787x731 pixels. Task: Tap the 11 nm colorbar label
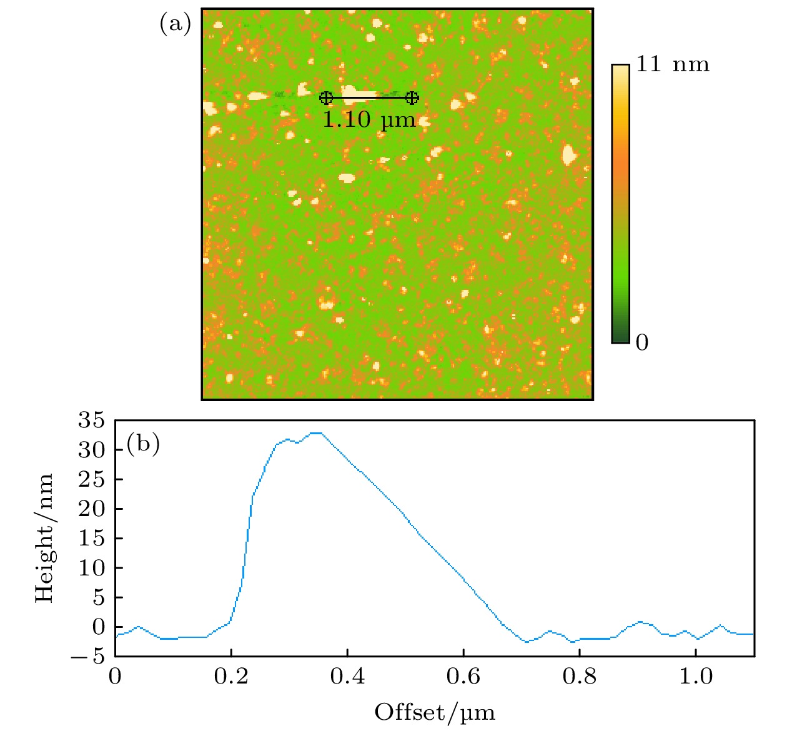pyautogui.click(x=672, y=64)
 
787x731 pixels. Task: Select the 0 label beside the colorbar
pyautogui.click(x=642, y=342)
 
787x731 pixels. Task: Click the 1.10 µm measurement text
pyautogui.click(x=369, y=119)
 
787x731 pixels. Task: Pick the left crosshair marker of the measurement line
pyautogui.click(x=326, y=97)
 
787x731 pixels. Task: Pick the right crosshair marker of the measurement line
pyautogui.click(x=412, y=97)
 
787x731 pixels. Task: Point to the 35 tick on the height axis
pyautogui.click(x=91, y=420)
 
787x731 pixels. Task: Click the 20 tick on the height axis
pyautogui.click(x=91, y=509)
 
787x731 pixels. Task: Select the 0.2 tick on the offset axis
pyautogui.click(x=231, y=677)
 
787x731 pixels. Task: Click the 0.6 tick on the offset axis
pyautogui.click(x=463, y=677)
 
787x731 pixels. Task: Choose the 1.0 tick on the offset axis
pyautogui.click(x=696, y=677)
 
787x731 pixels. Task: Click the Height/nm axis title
pyautogui.click(x=44, y=538)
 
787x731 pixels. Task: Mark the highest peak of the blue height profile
pyautogui.click(x=316, y=432)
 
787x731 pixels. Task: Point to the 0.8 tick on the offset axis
pyautogui.click(x=580, y=677)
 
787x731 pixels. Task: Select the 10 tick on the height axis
pyautogui.click(x=91, y=568)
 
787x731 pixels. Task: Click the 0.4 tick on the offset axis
pyautogui.click(x=347, y=677)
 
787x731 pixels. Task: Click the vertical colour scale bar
pyautogui.click(x=620, y=204)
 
